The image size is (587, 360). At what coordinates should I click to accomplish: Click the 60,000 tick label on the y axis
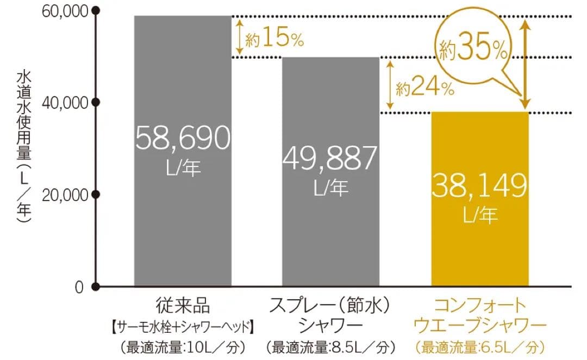pyautogui.click(x=65, y=11)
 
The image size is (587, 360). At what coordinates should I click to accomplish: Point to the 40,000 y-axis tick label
pyautogui.click(x=65, y=102)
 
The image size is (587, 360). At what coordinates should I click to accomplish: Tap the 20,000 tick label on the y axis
pyautogui.click(x=65, y=195)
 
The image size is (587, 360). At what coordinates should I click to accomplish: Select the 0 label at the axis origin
pyautogui.click(x=79, y=287)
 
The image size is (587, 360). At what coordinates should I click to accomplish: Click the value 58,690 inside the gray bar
pyautogui.click(x=183, y=139)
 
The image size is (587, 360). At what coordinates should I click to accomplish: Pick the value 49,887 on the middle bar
pyautogui.click(x=330, y=159)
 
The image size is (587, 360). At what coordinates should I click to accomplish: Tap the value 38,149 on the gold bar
pyautogui.click(x=480, y=187)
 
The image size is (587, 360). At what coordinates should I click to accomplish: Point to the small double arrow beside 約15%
pyautogui.click(x=239, y=36)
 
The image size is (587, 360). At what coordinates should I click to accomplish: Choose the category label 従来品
pyautogui.click(x=183, y=306)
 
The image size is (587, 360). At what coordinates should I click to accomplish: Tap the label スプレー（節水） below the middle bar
pyautogui.click(x=330, y=306)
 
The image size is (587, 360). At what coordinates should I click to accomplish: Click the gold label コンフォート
pyautogui.click(x=479, y=306)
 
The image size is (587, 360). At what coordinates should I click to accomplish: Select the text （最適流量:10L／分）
pyautogui.click(x=183, y=346)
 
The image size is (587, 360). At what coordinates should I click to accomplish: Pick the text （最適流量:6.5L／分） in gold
pyautogui.click(x=479, y=346)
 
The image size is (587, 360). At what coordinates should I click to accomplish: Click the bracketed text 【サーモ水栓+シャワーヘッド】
pyautogui.click(x=183, y=326)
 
